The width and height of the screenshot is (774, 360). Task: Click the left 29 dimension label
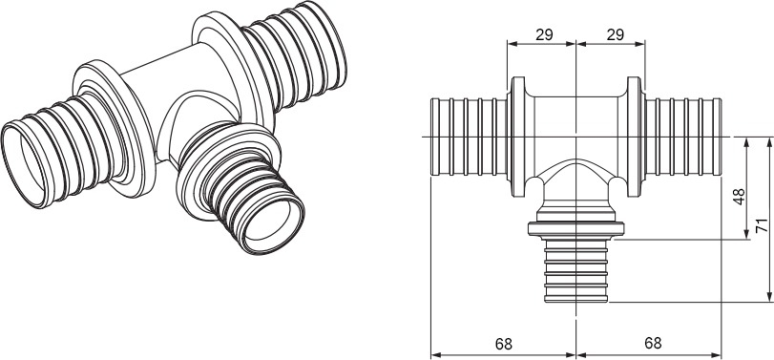[x=544, y=34]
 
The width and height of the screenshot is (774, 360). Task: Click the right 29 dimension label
[x=616, y=34]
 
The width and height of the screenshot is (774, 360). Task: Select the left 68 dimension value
[x=504, y=344]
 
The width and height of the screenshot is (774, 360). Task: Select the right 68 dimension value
[x=653, y=343]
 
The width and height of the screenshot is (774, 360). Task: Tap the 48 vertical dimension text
[x=740, y=196]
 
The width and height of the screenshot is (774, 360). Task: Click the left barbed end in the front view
[x=469, y=137]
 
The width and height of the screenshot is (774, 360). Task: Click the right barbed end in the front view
[x=683, y=137]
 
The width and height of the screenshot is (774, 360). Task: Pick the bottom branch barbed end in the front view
[x=576, y=270]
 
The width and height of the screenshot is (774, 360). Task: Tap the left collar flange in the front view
[x=518, y=137]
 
